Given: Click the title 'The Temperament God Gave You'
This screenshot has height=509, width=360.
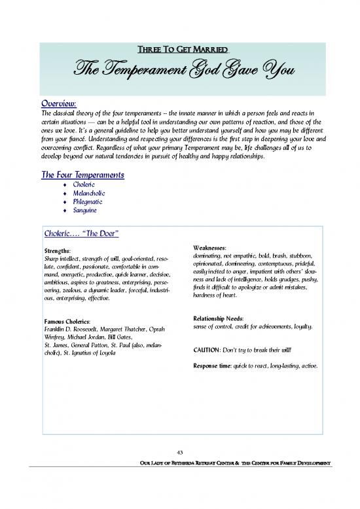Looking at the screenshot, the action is pyautogui.click(x=180, y=69).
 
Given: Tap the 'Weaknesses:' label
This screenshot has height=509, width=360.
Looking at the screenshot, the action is pyautogui.click(x=210, y=248).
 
